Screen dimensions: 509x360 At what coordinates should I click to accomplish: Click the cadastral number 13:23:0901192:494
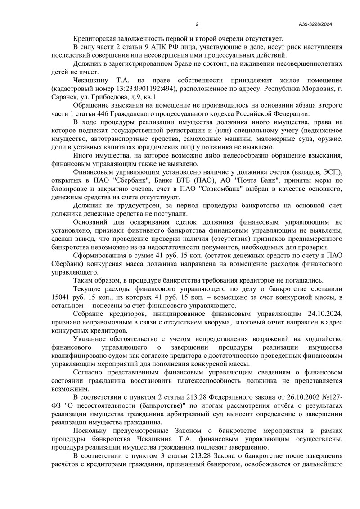[137, 88]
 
